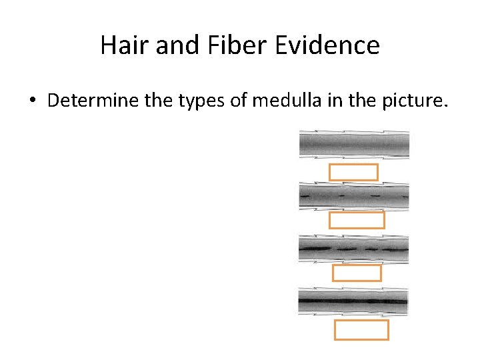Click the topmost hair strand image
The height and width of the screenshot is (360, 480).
click(x=354, y=144)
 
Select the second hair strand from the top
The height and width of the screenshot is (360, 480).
click(x=354, y=197)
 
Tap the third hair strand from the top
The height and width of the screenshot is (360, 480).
click(x=353, y=249)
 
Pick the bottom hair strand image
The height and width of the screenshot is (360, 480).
click(x=353, y=301)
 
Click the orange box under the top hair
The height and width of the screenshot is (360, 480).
click(x=353, y=172)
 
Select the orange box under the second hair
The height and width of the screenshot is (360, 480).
click(x=356, y=220)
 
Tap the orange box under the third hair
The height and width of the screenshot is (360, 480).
click(x=357, y=273)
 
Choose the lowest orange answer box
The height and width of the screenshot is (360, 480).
click(x=361, y=330)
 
